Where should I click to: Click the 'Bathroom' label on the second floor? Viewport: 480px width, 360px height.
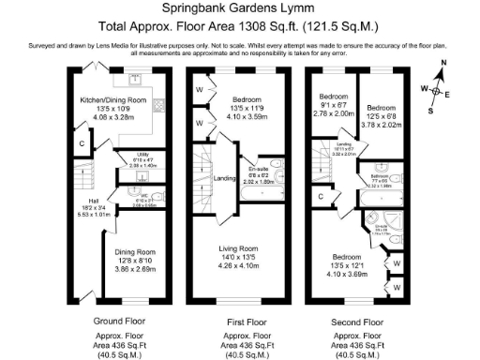tap(379, 176)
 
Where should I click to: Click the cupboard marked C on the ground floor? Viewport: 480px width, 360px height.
tap(82, 143)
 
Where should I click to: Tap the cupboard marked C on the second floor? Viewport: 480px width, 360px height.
tap(322, 196)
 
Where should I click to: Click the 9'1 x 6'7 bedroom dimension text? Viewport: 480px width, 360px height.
tap(335, 105)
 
